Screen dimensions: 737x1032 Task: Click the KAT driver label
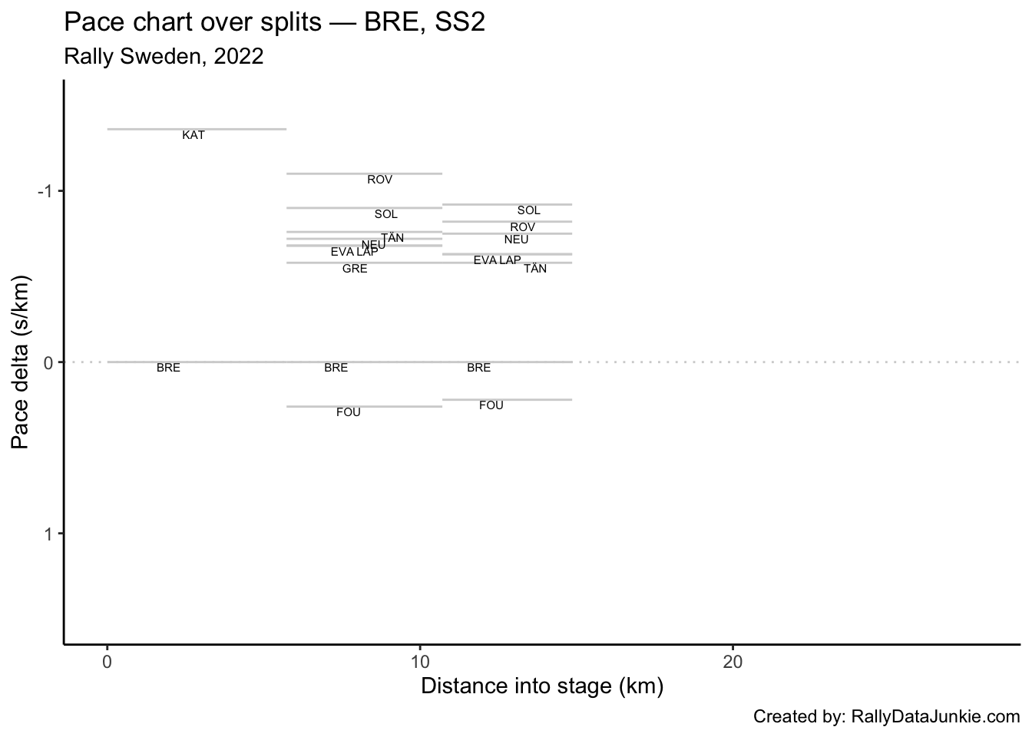pyautogui.click(x=193, y=135)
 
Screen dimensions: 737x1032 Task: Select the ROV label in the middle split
pyautogui.click(x=380, y=180)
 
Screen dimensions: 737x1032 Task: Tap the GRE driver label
pyautogui.click(x=355, y=269)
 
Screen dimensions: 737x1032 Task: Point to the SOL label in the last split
pyautogui.click(x=529, y=210)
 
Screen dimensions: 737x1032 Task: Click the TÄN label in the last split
pyautogui.click(x=535, y=269)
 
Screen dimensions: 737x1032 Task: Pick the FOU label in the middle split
pyautogui.click(x=349, y=412)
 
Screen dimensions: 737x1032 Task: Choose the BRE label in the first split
pyautogui.click(x=168, y=368)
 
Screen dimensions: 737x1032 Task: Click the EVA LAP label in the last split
pyautogui.click(x=497, y=260)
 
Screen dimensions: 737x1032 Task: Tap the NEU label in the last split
pyautogui.click(x=517, y=240)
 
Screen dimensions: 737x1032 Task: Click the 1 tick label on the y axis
pyautogui.click(x=48, y=534)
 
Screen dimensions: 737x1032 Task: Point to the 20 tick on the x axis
pyautogui.click(x=733, y=661)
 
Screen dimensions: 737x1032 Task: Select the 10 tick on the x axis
pyautogui.click(x=420, y=661)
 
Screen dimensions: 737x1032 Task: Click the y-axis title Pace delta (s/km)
pyautogui.click(x=21, y=362)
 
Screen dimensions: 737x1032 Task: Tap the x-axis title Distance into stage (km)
pyautogui.click(x=542, y=686)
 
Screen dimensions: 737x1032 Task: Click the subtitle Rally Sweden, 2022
pyautogui.click(x=164, y=56)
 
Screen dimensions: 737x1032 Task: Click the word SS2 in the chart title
pyautogui.click(x=460, y=23)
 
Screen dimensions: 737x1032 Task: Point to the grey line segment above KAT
pyautogui.click(x=197, y=129)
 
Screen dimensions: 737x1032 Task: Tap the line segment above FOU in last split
pyautogui.click(x=508, y=399)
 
